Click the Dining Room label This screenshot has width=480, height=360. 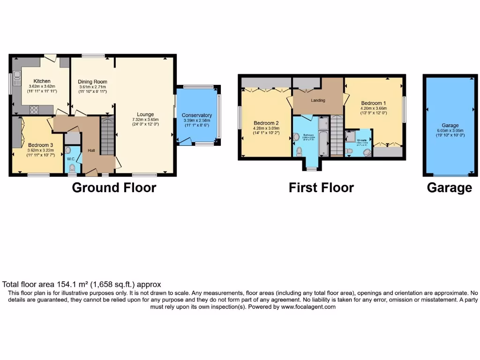click(x=92, y=82)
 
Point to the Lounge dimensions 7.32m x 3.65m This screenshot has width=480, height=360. click(x=145, y=120)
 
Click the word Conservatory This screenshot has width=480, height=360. click(x=197, y=115)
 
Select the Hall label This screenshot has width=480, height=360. click(x=91, y=150)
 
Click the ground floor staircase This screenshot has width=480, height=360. click(x=108, y=136)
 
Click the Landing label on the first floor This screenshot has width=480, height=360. click(x=318, y=100)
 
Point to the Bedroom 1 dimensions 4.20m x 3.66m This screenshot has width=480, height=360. click(x=374, y=108)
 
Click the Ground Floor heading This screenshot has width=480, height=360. click(x=114, y=188)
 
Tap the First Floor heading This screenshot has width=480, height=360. click(x=321, y=188)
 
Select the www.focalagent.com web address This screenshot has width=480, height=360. click(x=308, y=307)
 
